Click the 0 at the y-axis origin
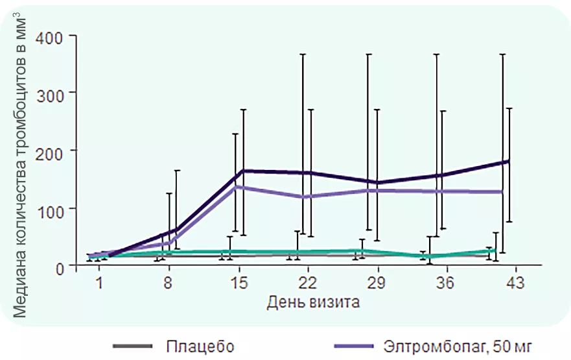[59, 267]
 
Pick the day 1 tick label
[100, 283]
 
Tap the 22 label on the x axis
[307, 283]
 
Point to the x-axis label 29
[377, 283]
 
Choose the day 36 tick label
[446, 283]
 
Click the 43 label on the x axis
[515, 283]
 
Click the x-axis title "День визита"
[313, 302]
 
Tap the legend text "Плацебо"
[200, 346]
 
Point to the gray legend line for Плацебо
[132, 346]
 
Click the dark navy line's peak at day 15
[243, 171]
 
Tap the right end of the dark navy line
[508, 161]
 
